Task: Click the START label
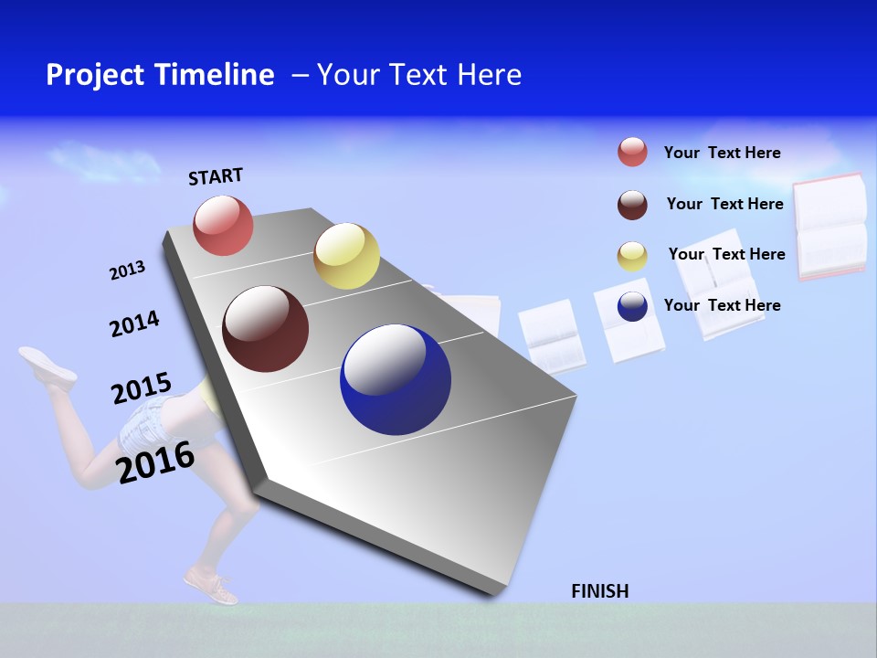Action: click(x=216, y=176)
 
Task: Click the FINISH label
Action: click(x=599, y=591)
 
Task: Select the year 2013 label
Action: click(x=127, y=271)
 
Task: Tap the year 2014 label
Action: click(x=134, y=324)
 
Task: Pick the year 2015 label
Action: click(x=141, y=388)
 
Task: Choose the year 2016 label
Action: click(x=155, y=462)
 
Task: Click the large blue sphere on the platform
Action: click(x=396, y=379)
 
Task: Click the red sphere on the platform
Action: click(x=224, y=225)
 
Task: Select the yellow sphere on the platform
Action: click(x=346, y=256)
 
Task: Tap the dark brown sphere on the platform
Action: click(x=266, y=329)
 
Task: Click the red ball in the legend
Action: click(x=632, y=152)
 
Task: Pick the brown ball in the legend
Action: click(x=632, y=205)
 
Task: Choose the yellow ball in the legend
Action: click(x=632, y=256)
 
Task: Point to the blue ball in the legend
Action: click(x=632, y=306)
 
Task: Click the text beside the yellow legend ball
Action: click(x=726, y=254)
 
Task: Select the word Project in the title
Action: click(x=95, y=75)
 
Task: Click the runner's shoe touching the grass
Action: click(x=211, y=585)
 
